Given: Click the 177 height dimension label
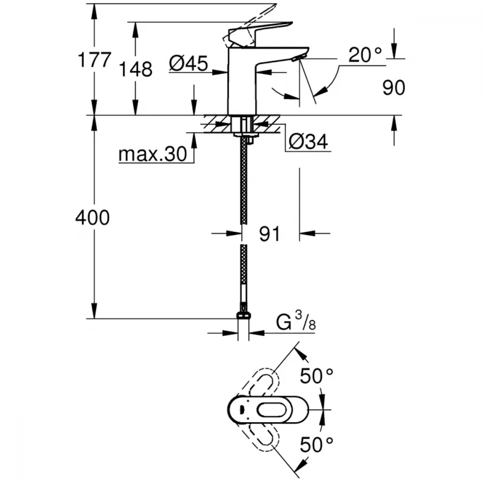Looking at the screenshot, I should point(95,60).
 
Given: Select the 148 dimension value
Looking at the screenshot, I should point(137,70).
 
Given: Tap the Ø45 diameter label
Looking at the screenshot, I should point(188,63).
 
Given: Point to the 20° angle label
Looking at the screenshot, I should point(366,56).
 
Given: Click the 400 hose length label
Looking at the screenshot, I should point(92,218).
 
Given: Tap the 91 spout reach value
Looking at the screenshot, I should point(270,234).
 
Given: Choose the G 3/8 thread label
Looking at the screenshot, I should point(295,322).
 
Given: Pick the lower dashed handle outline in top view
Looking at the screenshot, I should point(264,437).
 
